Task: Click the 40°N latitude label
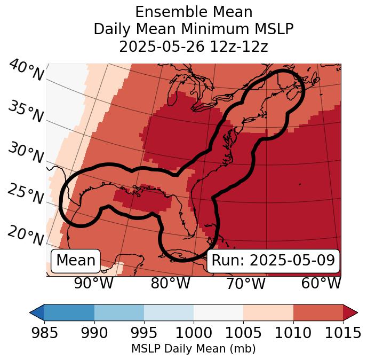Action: (x=26, y=71)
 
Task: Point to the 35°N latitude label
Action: (x=25, y=112)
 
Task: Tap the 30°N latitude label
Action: (x=25, y=153)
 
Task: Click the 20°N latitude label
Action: (x=25, y=235)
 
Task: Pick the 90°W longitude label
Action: (x=93, y=284)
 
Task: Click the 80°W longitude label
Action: (x=170, y=284)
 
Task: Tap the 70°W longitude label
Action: (x=245, y=284)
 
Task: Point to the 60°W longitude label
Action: (x=321, y=284)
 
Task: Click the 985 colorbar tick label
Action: (x=44, y=333)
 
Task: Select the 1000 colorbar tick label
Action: (x=194, y=333)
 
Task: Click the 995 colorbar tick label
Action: (x=144, y=333)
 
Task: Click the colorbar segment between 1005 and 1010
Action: (x=268, y=312)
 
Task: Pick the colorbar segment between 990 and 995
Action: (x=119, y=312)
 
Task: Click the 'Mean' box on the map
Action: (x=76, y=261)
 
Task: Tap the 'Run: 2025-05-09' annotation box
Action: (x=273, y=261)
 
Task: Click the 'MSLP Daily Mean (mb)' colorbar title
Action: (x=194, y=349)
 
